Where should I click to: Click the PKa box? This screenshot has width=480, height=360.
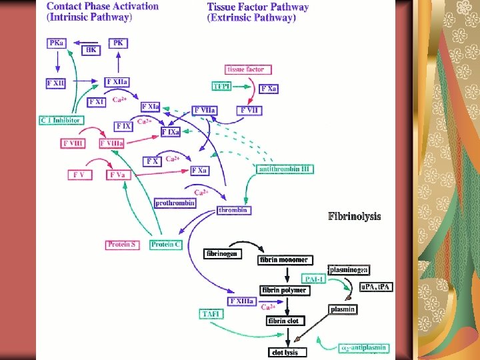(57, 42)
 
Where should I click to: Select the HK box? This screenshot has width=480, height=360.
(91, 50)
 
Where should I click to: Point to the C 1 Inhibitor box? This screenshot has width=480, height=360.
(61, 120)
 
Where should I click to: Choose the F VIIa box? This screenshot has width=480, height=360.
(206, 109)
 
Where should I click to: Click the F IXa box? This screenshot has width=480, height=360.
(171, 133)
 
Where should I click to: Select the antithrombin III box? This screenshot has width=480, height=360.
(285, 169)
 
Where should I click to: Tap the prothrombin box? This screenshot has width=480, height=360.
(175, 203)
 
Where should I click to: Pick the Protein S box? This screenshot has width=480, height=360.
(123, 245)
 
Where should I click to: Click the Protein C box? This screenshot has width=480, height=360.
(166, 245)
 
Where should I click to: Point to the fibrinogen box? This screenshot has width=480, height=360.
(221, 253)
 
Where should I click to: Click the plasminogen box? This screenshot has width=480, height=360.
(349, 269)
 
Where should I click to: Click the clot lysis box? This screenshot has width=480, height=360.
(284, 352)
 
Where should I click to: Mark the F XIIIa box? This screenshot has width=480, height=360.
(241, 301)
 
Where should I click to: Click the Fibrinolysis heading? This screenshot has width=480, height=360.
(354, 217)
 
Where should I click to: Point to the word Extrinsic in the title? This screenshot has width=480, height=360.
(235, 18)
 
